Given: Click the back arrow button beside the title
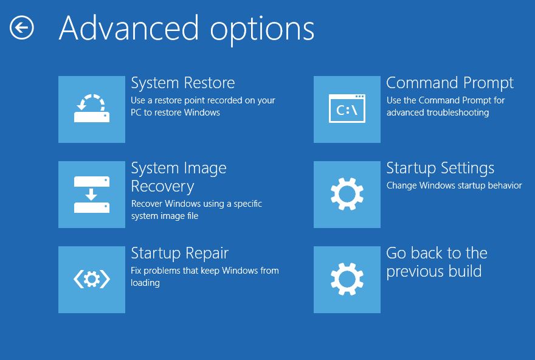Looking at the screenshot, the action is pos(22,27).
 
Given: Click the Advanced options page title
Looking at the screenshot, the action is pos(187,29).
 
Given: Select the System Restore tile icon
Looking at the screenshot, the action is pos(92,109).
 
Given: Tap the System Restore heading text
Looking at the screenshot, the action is pos(183,83).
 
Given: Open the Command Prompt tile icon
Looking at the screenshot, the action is pos(347,109).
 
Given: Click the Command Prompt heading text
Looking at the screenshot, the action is pos(450,83).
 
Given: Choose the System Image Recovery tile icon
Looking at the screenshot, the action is pos(92,195).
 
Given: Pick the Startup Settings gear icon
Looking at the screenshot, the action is pos(347,195).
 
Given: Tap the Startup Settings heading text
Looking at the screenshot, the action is pos(440,168).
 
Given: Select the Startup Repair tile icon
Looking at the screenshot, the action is pos(92,280).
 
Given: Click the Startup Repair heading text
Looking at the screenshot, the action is pos(180,254).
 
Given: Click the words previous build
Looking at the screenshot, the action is pos(434,272).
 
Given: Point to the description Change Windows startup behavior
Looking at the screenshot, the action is pos(454,185).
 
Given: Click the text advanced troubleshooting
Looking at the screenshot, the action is pos(438,112).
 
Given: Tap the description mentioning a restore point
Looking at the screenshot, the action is pos(203,106).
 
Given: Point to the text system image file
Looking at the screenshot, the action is pos(165,216).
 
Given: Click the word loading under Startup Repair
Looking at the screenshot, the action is pos(145,283).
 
